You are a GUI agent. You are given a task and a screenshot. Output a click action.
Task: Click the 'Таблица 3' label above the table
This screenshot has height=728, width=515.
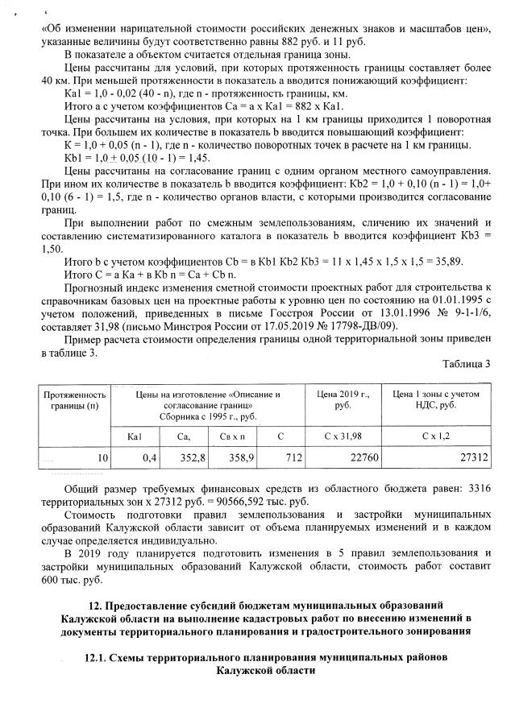coord(469,363)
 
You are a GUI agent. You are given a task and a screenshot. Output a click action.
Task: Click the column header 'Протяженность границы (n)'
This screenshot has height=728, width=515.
coord(74,400)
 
